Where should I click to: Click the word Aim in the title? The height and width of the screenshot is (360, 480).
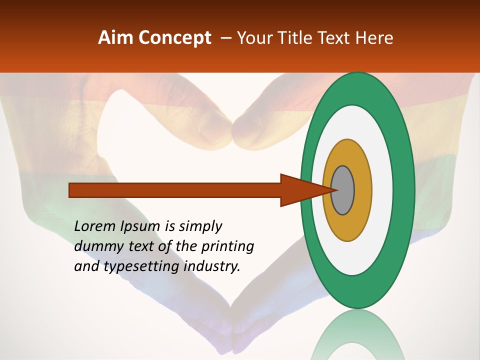(x=116, y=38)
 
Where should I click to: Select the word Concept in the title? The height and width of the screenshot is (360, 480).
(x=174, y=38)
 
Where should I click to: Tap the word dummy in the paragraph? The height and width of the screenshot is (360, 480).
(x=95, y=246)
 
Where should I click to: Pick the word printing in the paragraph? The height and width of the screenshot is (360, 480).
(x=227, y=246)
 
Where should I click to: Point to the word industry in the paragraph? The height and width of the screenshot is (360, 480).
(x=212, y=266)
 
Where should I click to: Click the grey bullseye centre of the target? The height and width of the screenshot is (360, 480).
(x=342, y=190)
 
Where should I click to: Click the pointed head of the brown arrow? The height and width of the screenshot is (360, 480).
(x=300, y=190)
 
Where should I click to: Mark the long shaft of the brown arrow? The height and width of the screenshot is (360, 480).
(x=175, y=190)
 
